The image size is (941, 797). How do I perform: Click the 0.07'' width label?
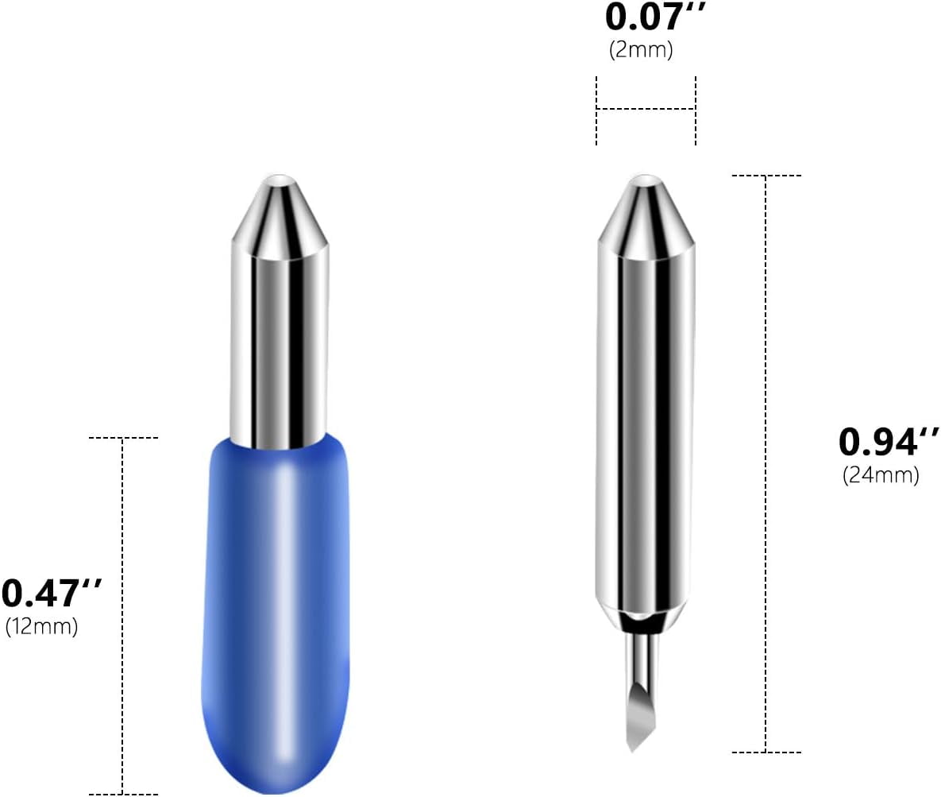(655, 17)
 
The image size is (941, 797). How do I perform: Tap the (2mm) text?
(641, 50)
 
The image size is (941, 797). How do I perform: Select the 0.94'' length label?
(889, 442)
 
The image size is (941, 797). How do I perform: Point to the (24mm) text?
(881, 476)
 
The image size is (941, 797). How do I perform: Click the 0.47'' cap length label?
(52, 594)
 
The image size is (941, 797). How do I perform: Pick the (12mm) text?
(41, 627)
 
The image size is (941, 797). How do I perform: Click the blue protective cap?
(276, 613)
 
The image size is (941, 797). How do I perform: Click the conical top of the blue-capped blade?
(280, 215)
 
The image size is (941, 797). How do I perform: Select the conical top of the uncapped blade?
(646, 215)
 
